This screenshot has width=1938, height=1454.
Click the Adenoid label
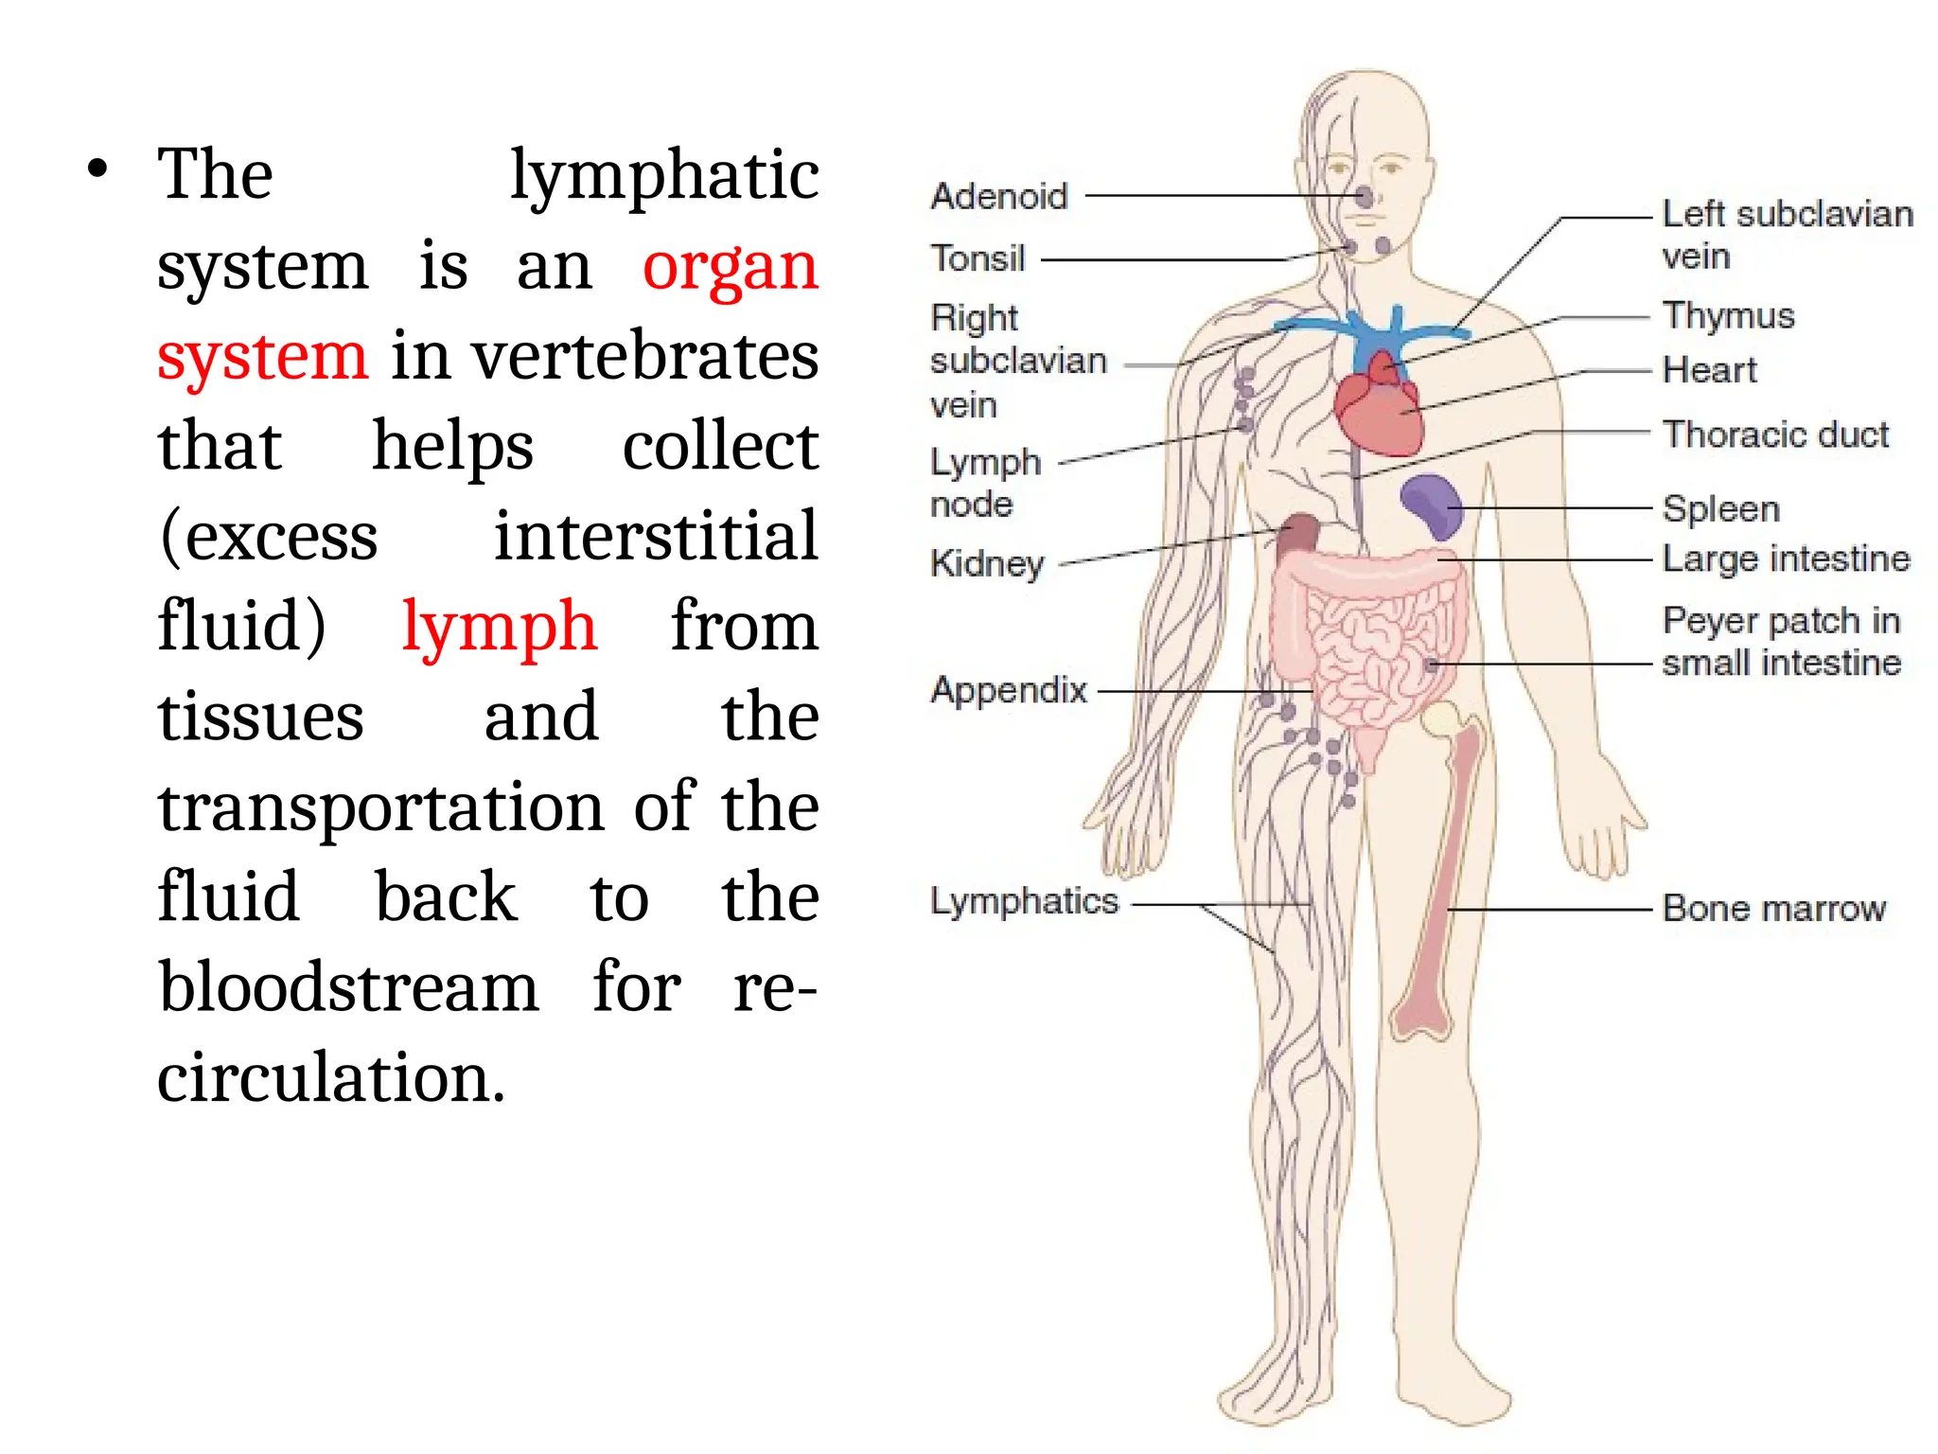click(x=998, y=196)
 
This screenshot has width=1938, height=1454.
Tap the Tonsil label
click(x=978, y=257)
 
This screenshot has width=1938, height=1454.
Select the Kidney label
click(x=987, y=563)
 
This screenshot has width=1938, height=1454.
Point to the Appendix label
click(x=1009, y=690)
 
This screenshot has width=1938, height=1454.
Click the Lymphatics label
click(x=1024, y=901)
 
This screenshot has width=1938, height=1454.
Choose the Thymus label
click(x=1728, y=315)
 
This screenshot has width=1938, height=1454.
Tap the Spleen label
click(x=1720, y=509)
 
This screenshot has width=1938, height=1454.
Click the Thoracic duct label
click(x=1775, y=434)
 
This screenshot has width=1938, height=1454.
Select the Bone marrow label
click(x=1773, y=909)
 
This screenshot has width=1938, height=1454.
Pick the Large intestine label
click(x=1786, y=559)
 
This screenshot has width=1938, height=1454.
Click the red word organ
click(x=730, y=267)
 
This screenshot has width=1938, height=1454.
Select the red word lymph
click(x=499, y=628)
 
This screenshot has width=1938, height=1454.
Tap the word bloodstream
click(x=348, y=986)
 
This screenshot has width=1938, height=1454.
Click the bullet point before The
click(x=97, y=170)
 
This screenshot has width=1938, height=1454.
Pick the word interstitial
click(x=655, y=536)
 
